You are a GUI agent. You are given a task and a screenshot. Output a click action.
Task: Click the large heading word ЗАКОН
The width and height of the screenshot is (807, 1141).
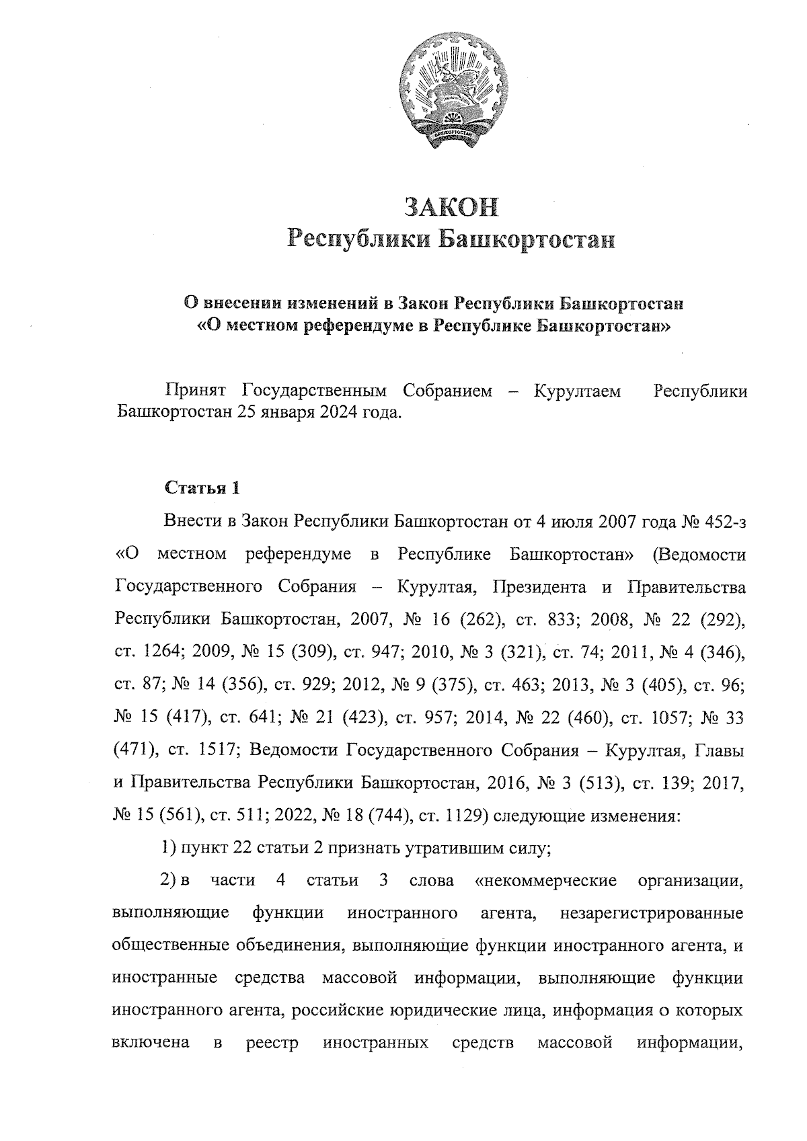tap(451, 206)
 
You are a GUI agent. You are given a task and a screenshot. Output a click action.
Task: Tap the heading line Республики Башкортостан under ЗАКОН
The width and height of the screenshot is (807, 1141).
tap(451, 239)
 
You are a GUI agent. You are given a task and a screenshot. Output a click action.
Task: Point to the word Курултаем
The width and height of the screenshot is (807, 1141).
tap(577, 391)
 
